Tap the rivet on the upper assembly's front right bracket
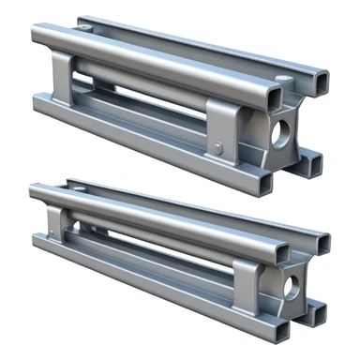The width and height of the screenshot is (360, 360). coord(217,147)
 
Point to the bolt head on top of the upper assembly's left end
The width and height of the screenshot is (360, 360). coord(86,29)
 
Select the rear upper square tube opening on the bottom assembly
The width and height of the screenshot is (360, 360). coord(322,243)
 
